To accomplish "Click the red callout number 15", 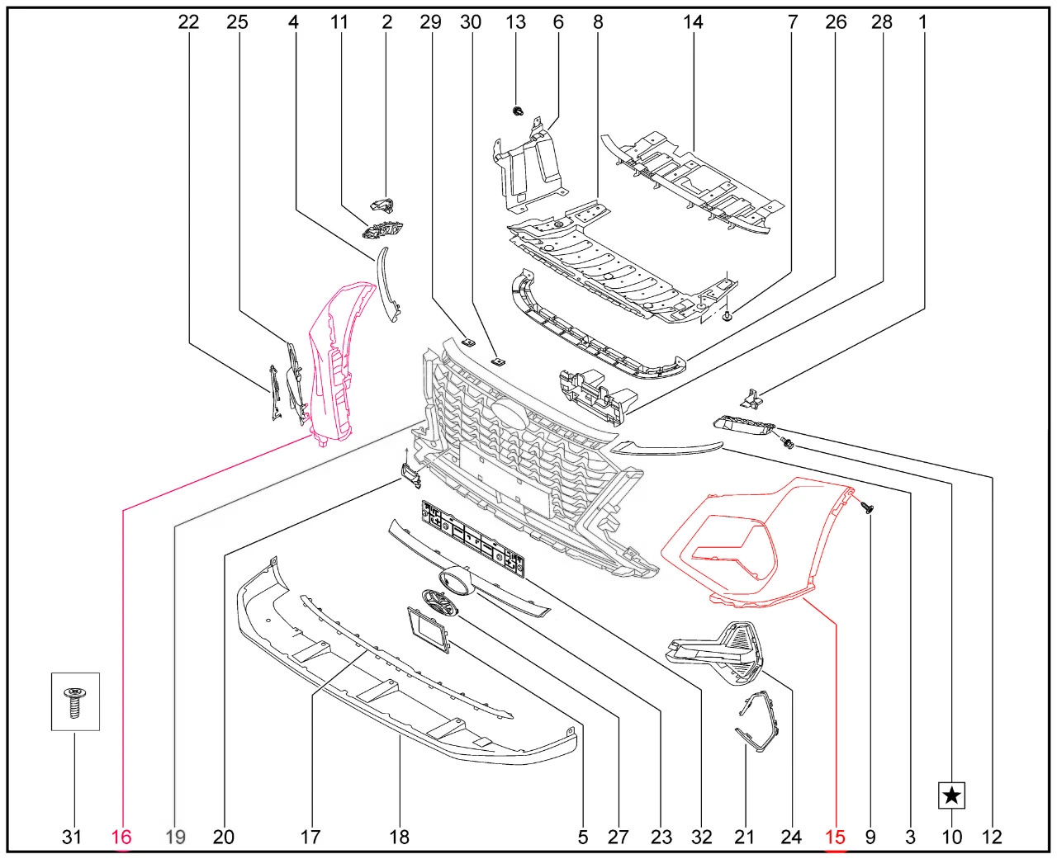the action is pos(835,838).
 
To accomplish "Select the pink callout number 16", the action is pos(121,838).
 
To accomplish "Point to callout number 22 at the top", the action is pos(188,21).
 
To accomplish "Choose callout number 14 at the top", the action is pos(694,21).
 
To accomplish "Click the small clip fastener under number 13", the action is pos(519,111).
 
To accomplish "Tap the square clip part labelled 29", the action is pos(467,342).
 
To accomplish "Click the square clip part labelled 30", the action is pos(498,361).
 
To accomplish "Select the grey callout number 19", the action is pos(175,838).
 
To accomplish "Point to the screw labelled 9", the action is pos(867,507).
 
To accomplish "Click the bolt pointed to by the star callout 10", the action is pos(786,442).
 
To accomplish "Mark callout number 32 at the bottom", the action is pos(701,838).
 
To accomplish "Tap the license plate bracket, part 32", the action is pos(473,539).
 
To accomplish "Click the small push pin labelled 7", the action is pos(728,315).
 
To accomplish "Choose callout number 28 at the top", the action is pos(882,21).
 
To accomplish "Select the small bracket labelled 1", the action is pos(751,399).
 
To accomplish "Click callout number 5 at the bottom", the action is pos(583,838).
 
